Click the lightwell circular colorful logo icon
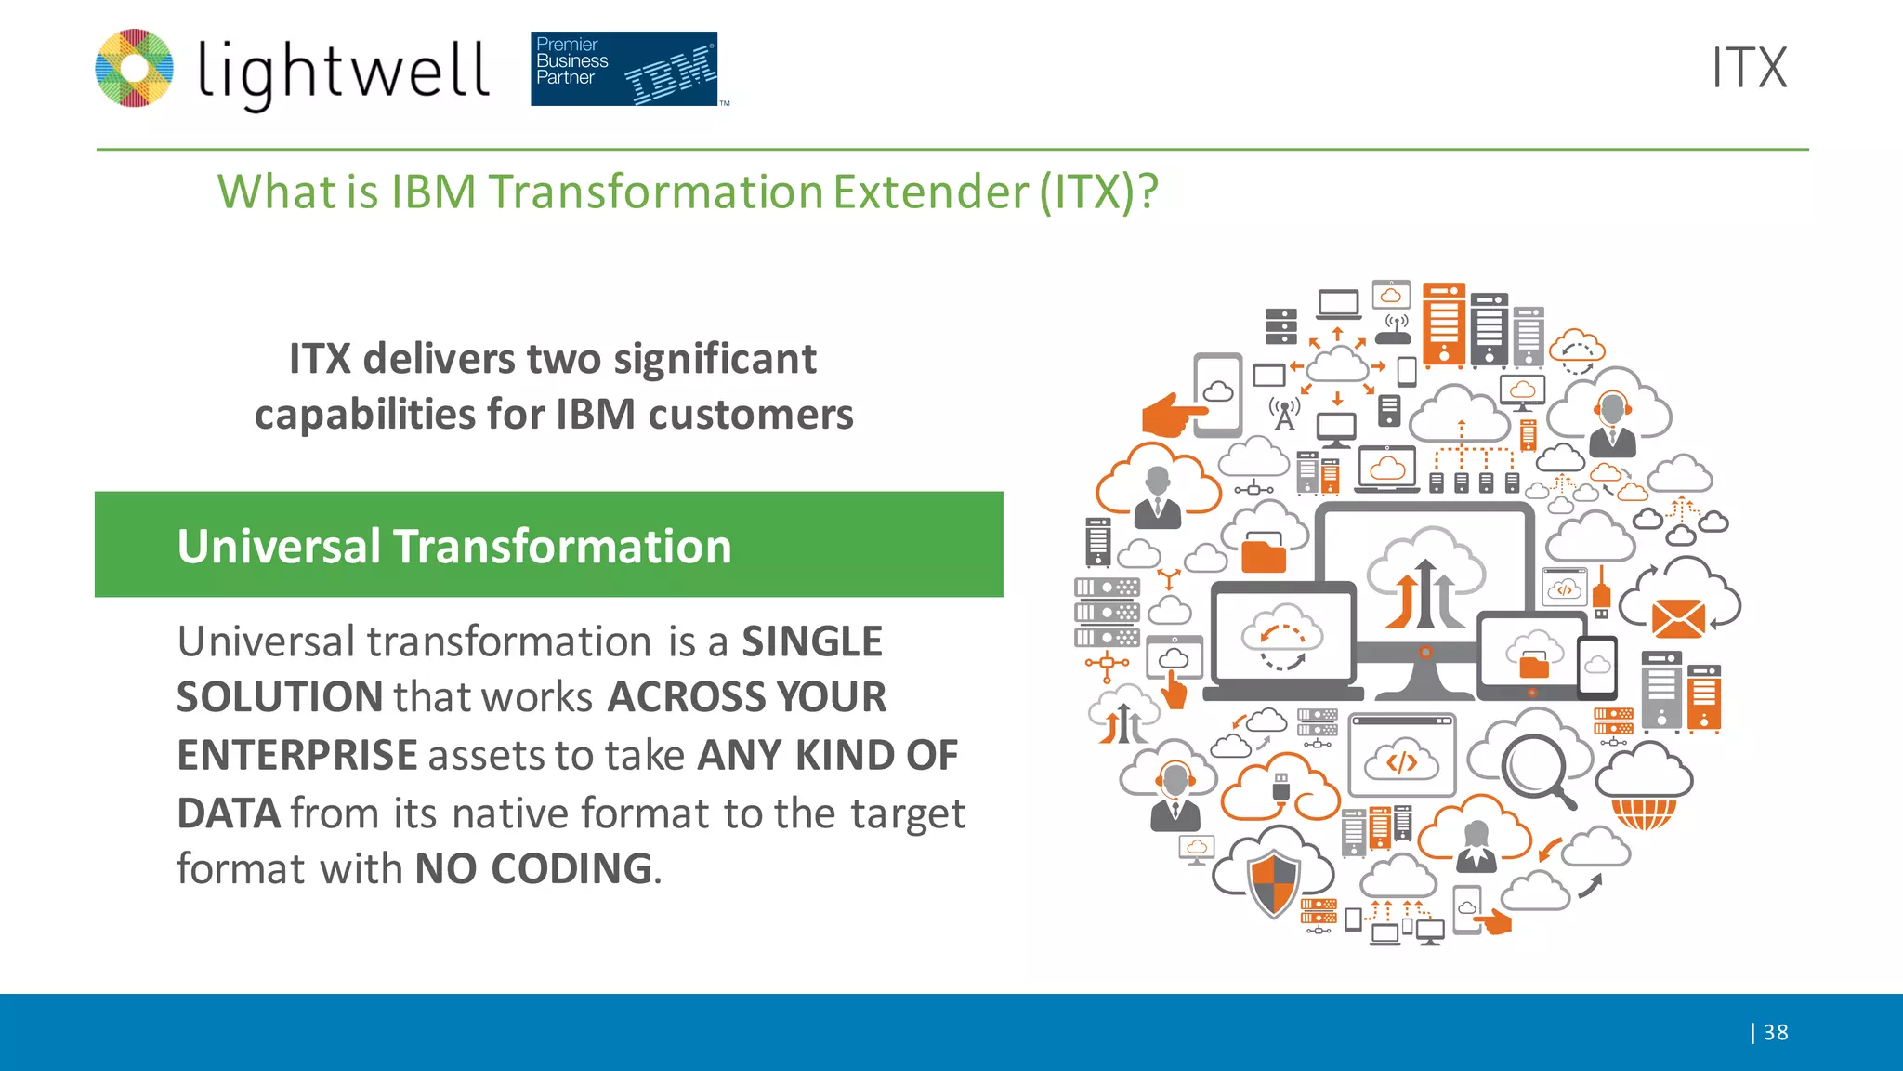(135, 68)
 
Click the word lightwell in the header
(343, 73)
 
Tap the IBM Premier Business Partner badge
(624, 69)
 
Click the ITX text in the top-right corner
(1749, 68)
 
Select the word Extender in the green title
(930, 192)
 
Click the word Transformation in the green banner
(562, 546)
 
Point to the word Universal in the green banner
(279, 546)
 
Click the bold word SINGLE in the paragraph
(811, 641)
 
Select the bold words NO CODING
(533, 868)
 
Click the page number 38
(1775, 1032)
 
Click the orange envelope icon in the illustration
(1678, 618)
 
